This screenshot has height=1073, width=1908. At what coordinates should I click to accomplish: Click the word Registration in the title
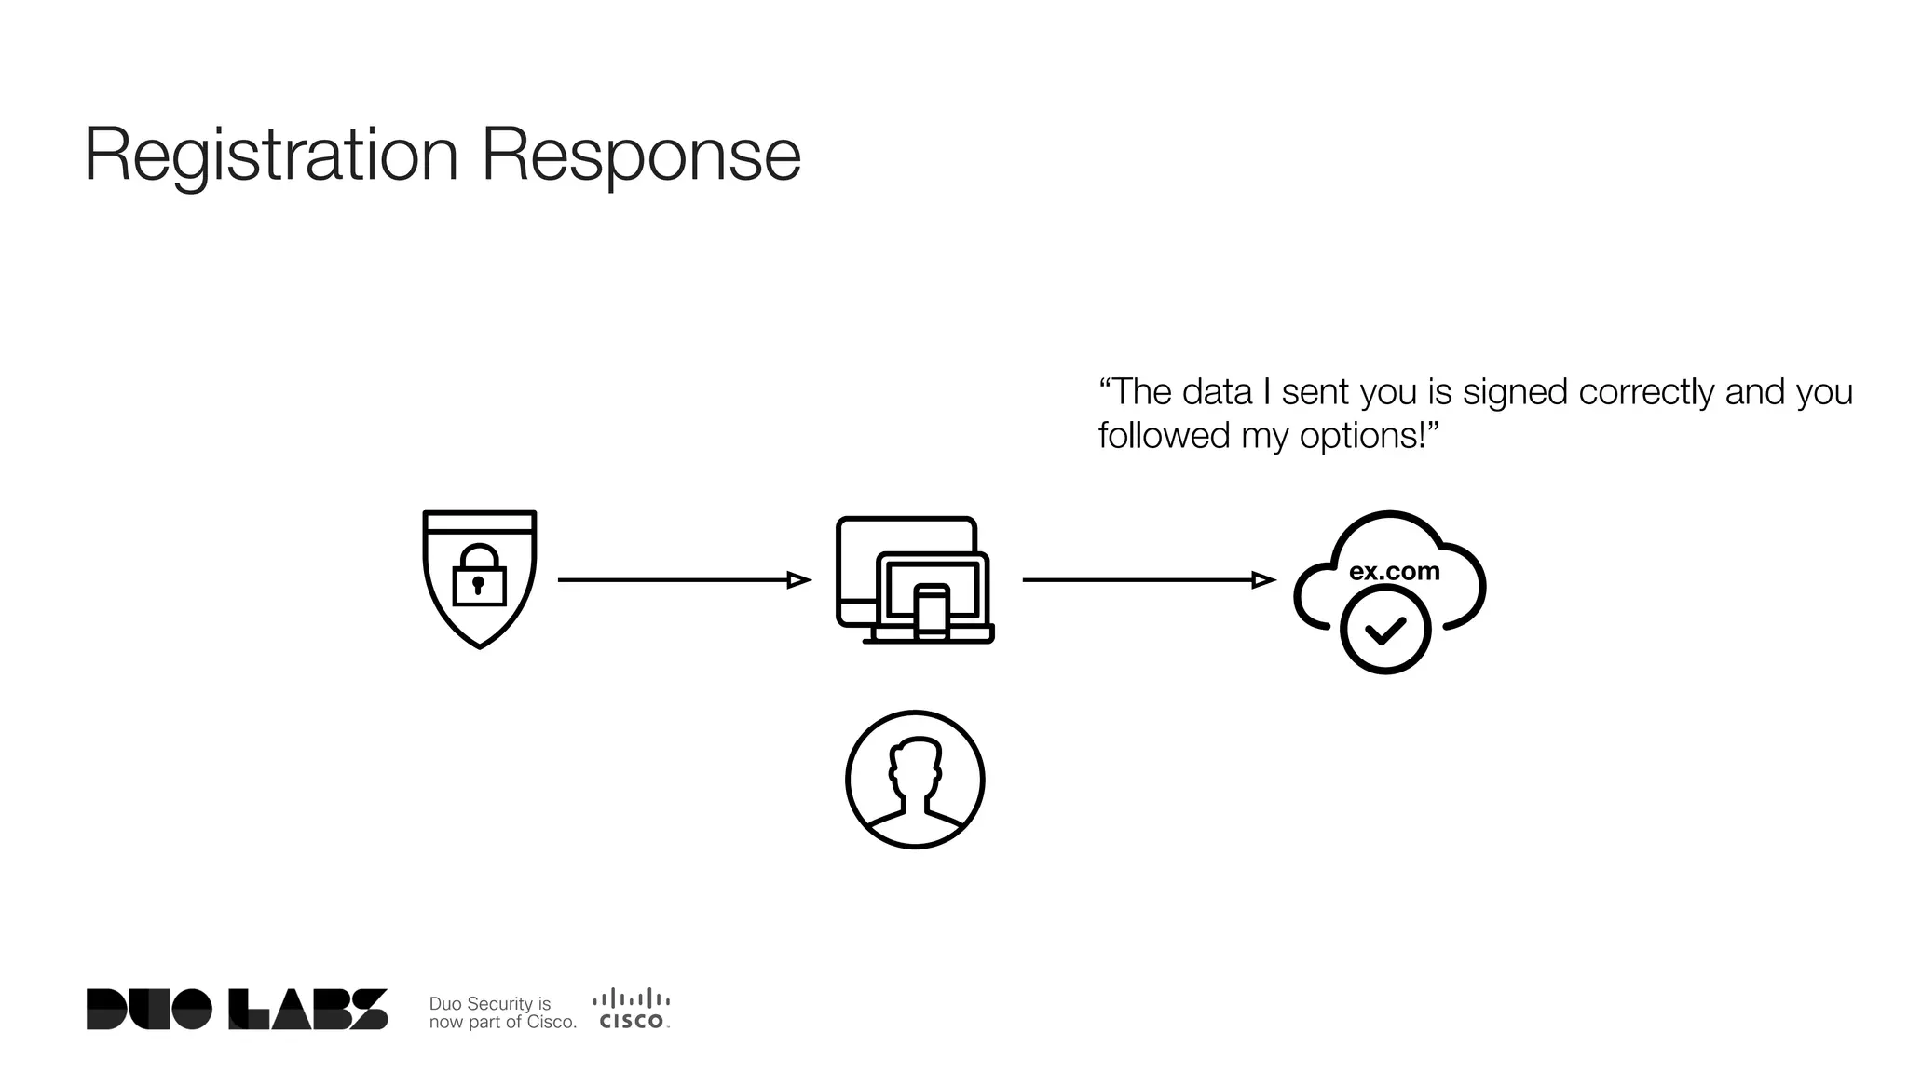point(271,155)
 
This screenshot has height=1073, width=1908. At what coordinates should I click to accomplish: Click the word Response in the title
point(641,155)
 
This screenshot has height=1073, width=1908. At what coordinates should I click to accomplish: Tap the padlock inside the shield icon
point(479,577)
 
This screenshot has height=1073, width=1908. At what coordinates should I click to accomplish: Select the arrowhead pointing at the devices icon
point(798,580)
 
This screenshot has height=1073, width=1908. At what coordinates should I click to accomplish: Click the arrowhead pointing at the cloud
point(1263,580)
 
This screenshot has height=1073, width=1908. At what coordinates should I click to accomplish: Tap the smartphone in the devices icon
point(932,612)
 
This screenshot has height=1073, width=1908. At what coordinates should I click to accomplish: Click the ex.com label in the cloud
point(1394,571)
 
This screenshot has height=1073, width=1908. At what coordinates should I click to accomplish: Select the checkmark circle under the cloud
point(1385,631)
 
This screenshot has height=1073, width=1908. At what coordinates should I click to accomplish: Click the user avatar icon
point(915,780)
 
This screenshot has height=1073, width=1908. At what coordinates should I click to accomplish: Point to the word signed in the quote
point(1515,393)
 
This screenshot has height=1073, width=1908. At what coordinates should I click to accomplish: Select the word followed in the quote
point(1164,436)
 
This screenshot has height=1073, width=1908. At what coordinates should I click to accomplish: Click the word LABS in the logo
point(308,1010)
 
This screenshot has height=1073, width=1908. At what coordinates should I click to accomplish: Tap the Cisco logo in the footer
point(632,1009)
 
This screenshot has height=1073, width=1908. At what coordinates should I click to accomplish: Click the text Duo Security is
point(489,1003)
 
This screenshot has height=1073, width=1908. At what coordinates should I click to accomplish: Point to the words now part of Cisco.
point(502,1022)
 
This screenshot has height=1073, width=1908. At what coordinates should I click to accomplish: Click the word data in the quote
point(1217,393)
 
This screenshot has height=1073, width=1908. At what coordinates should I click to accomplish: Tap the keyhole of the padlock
point(479,585)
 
